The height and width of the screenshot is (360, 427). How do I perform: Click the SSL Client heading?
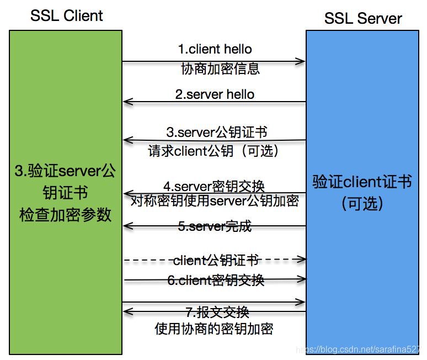click(66, 15)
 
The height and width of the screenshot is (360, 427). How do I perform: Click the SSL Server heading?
click(362, 18)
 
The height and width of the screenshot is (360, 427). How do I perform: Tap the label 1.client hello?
click(215, 49)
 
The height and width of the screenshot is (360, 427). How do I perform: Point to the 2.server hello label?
click(215, 94)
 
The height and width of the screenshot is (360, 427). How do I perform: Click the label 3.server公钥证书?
click(217, 133)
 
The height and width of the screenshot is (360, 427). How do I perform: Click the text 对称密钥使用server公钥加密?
click(215, 200)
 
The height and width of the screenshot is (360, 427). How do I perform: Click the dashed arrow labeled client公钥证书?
click(215, 258)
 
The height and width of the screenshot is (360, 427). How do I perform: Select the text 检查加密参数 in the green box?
click(66, 214)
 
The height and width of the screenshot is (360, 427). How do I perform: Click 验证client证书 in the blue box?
click(362, 182)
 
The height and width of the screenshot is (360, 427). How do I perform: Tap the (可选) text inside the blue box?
click(362, 203)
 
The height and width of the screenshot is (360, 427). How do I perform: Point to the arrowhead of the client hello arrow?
click(301, 61)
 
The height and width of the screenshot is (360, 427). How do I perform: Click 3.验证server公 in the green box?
click(66, 171)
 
